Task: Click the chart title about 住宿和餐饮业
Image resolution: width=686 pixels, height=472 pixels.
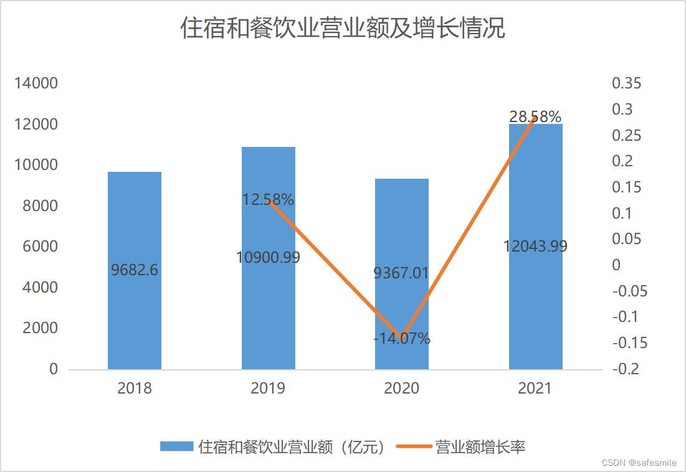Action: [x=343, y=29]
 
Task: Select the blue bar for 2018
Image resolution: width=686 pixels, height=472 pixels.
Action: [x=135, y=311]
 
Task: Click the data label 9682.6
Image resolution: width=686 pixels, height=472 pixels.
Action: [x=135, y=270]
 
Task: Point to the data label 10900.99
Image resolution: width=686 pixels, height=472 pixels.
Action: [x=268, y=257]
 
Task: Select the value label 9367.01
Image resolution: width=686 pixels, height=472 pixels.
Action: [x=401, y=273]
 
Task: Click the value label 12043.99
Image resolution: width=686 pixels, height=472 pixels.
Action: [x=536, y=246]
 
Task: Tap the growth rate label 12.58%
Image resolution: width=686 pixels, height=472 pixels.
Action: [x=268, y=200]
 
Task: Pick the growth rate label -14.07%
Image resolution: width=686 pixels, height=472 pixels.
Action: [x=402, y=339]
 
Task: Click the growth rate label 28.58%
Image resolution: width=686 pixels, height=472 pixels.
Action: [x=535, y=116]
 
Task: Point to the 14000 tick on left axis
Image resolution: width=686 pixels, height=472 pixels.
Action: [x=36, y=83]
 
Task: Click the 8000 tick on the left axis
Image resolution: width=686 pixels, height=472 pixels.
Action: [x=40, y=206]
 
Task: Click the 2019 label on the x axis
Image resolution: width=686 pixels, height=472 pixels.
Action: [x=268, y=389]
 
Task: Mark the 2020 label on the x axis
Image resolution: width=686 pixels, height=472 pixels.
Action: [x=401, y=389]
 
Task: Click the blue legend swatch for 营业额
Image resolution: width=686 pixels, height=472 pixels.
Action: [x=177, y=446]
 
